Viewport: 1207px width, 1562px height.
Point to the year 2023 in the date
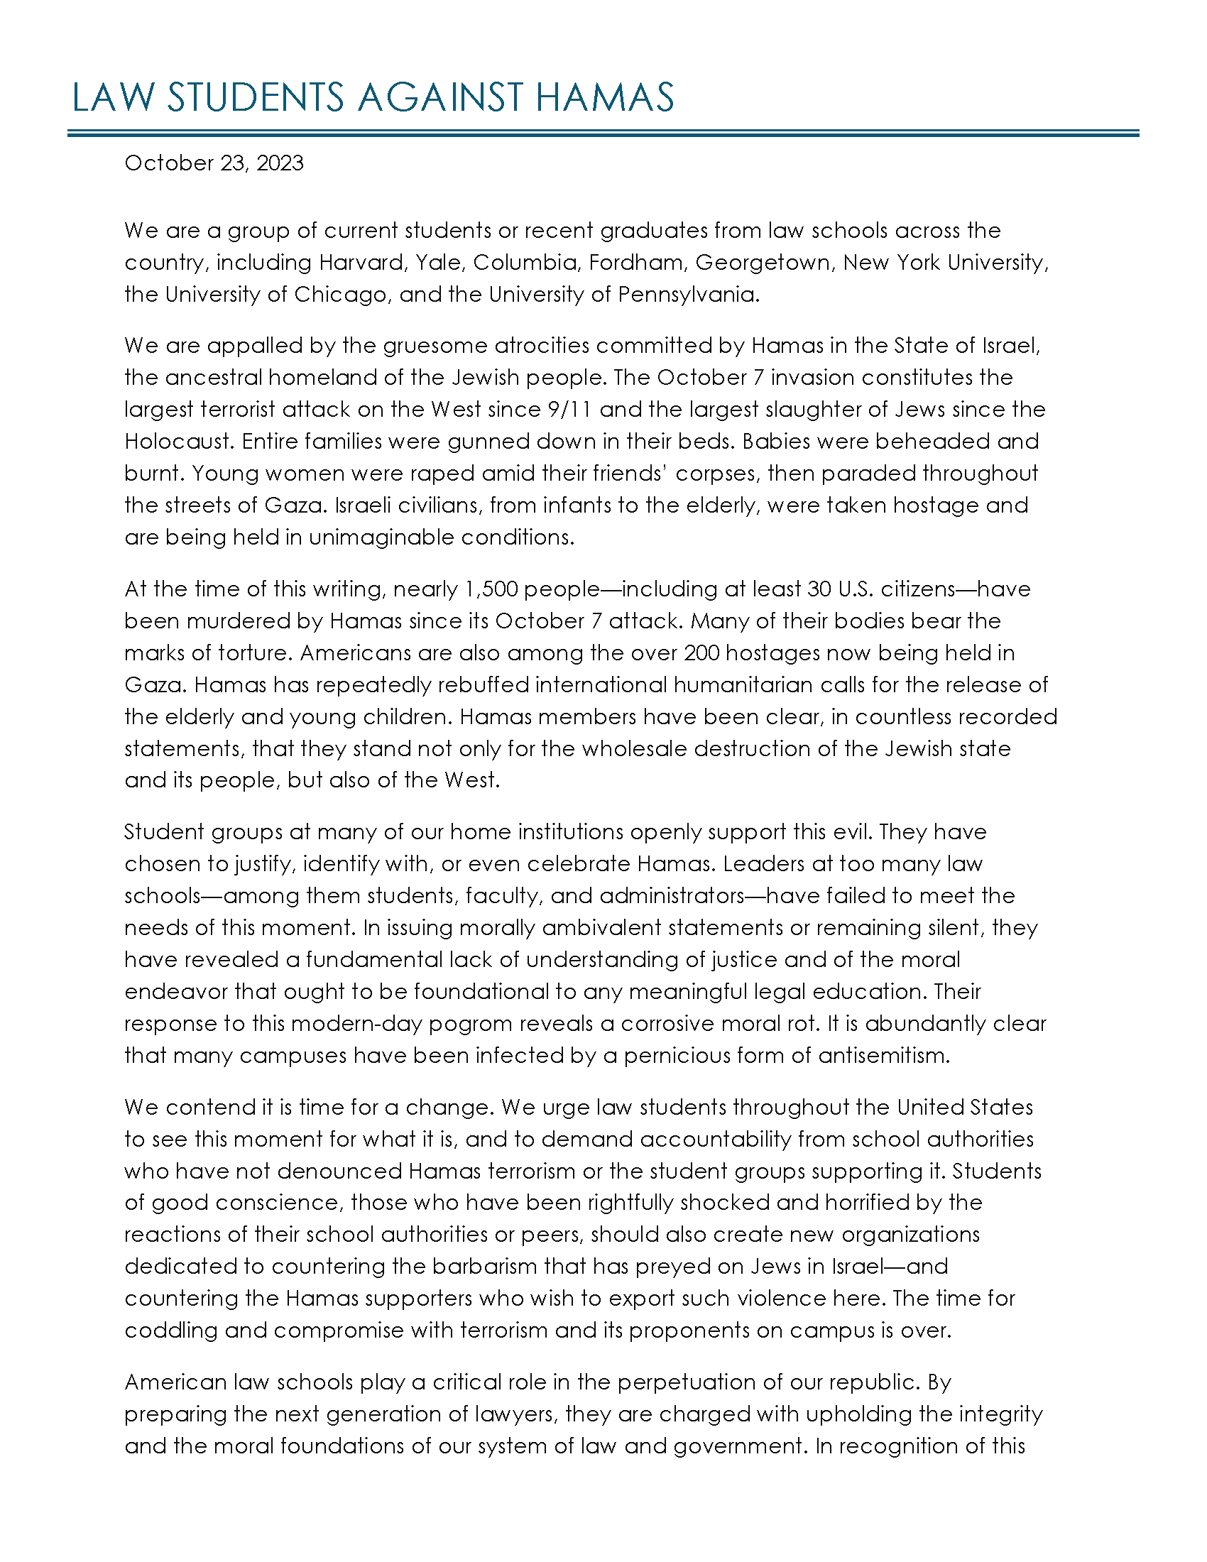280,163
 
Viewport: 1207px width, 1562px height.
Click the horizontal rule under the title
603,133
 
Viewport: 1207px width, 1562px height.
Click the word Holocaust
180,442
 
